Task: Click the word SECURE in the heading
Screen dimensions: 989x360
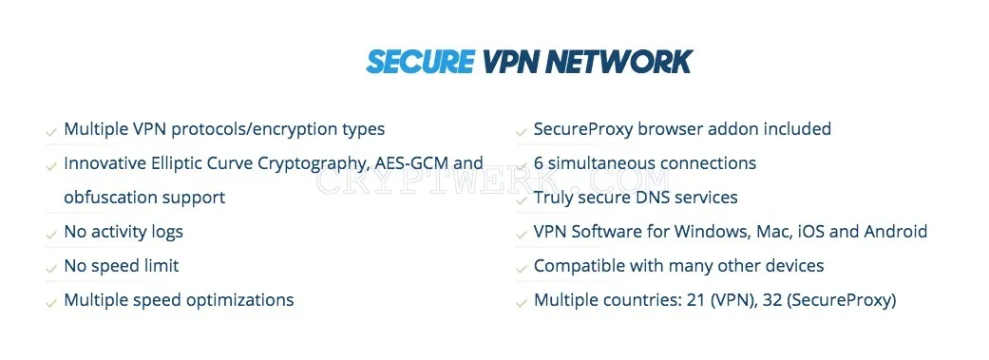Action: [419, 62]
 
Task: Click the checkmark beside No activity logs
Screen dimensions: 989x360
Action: [51, 235]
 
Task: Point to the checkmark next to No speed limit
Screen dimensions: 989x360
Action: [51, 269]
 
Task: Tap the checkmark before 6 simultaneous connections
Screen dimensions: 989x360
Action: [521, 166]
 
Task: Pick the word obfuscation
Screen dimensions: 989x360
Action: [110, 198]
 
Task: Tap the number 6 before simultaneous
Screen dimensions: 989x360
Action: [538, 163]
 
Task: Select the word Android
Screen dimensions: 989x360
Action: [895, 232]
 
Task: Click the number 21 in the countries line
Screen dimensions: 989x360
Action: [694, 300]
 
